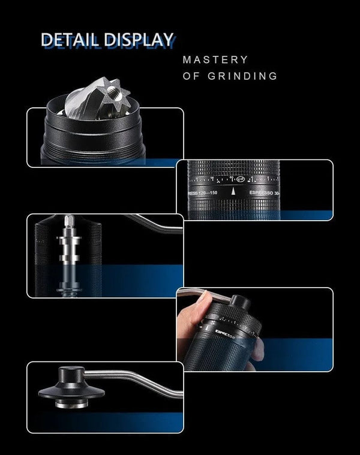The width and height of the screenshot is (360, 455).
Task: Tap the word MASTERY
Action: [x=215, y=60]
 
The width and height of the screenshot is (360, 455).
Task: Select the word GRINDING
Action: [x=243, y=76]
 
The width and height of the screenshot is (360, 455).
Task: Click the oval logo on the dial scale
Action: [x=240, y=179]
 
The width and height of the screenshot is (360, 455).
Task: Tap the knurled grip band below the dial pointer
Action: [x=233, y=204]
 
